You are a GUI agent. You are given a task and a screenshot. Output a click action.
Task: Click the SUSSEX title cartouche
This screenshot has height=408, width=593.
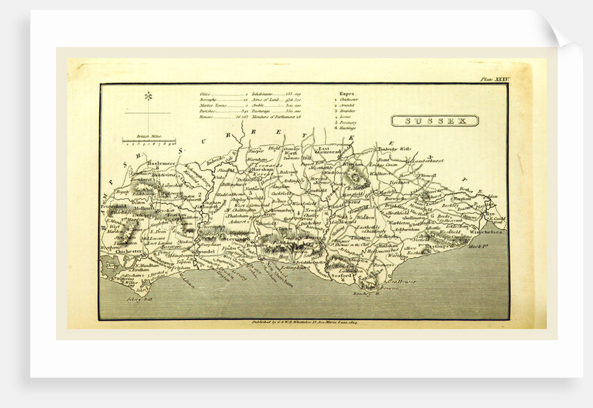435,120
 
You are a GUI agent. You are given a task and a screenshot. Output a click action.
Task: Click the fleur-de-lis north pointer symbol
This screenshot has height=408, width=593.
148,97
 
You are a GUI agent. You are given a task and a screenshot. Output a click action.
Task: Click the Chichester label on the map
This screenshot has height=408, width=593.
130,251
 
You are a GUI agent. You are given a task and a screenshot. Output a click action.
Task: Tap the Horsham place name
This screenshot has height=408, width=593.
250,171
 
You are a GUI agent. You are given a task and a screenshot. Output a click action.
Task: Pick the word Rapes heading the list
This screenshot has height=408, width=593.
347,93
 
